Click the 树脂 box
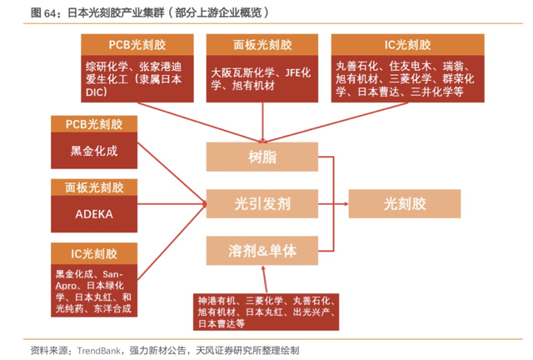262,157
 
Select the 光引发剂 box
262,203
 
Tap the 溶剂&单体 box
262,251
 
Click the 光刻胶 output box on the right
405,203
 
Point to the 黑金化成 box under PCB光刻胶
94,150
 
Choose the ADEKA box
94,214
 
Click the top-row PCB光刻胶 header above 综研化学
137,44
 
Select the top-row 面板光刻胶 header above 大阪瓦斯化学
262,44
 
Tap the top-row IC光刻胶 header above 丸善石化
408,44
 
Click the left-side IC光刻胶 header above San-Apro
94,253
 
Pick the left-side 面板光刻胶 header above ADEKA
94,187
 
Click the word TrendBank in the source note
98,351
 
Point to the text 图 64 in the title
42,13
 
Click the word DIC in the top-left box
95,92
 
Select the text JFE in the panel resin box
293,72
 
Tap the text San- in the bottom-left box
113,274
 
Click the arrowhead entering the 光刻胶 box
346,204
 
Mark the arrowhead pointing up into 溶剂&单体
263,267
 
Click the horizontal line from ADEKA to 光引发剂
172,204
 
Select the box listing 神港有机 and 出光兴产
266,312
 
